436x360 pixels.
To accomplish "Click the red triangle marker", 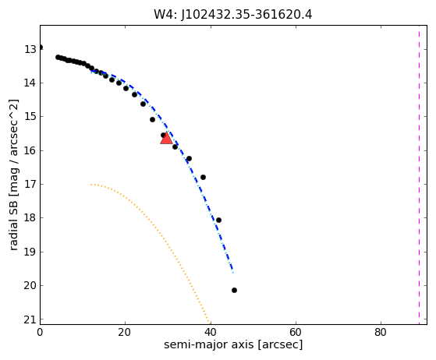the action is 166,139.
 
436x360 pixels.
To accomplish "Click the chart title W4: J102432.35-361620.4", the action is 233,15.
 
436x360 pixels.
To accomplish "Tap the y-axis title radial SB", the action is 13,222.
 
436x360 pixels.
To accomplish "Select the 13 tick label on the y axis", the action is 30,49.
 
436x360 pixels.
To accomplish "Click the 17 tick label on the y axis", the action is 30,184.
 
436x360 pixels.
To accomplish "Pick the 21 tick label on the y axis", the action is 30,319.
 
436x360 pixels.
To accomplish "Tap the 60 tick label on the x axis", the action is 296,332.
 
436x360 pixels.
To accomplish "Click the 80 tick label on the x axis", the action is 381,332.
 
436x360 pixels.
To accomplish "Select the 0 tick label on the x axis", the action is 40,332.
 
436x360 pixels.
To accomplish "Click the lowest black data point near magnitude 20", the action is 234,291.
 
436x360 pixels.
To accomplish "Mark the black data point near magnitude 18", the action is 218,220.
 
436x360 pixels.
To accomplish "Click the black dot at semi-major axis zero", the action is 41,48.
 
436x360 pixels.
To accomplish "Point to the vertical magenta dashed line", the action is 419,175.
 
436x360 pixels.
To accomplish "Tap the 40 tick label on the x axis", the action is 211,332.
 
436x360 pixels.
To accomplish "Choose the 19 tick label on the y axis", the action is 30,252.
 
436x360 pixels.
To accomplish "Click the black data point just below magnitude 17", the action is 203,177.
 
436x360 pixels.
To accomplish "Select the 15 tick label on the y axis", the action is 30,117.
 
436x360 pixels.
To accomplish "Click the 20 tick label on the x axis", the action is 125,332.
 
